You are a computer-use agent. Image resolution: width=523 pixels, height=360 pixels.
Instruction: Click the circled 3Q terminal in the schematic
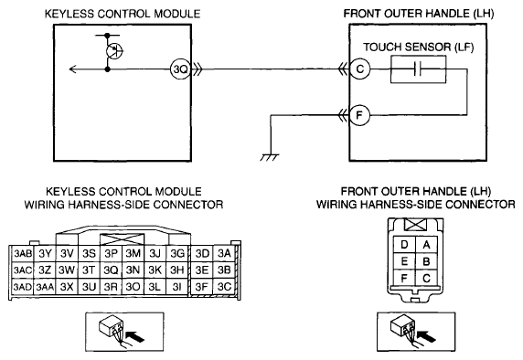pyautogui.click(x=180, y=69)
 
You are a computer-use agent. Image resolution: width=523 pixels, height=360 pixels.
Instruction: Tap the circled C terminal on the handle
pyautogui.click(x=360, y=69)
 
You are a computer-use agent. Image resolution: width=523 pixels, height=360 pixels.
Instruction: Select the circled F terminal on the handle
pyautogui.click(x=359, y=115)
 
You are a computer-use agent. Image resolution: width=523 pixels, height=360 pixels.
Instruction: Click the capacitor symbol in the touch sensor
pyautogui.click(x=418, y=69)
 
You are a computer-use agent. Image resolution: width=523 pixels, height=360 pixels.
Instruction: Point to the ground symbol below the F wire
pyautogui.click(x=270, y=157)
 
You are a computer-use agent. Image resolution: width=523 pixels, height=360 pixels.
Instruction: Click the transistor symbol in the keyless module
pyautogui.click(x=114, y=51)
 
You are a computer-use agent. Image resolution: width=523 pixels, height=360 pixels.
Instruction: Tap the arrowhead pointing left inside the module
pyautogui.click(x=73, y=69)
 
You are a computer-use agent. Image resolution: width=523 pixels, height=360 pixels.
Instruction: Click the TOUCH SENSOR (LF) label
pyautogui.click(x=418, y=48)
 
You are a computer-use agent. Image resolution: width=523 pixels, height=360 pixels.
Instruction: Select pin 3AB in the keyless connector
pyautogui.click(x=22, y=254)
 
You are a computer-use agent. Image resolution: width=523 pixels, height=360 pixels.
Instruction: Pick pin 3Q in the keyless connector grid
pyautogui.click(x=111, y=270)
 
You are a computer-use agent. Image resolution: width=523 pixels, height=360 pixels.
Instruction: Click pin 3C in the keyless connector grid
pyautogui.click(x=224, y=286)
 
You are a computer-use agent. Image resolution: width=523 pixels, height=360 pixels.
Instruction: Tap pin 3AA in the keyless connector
pyautogui.click(x=45, y=287)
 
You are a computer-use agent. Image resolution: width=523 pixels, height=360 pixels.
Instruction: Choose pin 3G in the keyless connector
pyautogui.click(x=177, y=254)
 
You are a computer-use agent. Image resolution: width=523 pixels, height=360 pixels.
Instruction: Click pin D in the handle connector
pyautogui.click(x=404, y=245)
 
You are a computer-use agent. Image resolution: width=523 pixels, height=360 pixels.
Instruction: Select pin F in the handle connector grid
pyautogui.click(x=404, y=278)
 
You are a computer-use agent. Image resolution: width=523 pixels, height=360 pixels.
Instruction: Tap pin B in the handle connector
pyautogui.click(x=426, y=261)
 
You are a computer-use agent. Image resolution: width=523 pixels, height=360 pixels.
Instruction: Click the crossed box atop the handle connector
pyautogui.click(x=415, y=225)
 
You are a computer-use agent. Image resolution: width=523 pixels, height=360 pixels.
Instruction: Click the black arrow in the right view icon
pyautogui.click(x=427, y=336)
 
